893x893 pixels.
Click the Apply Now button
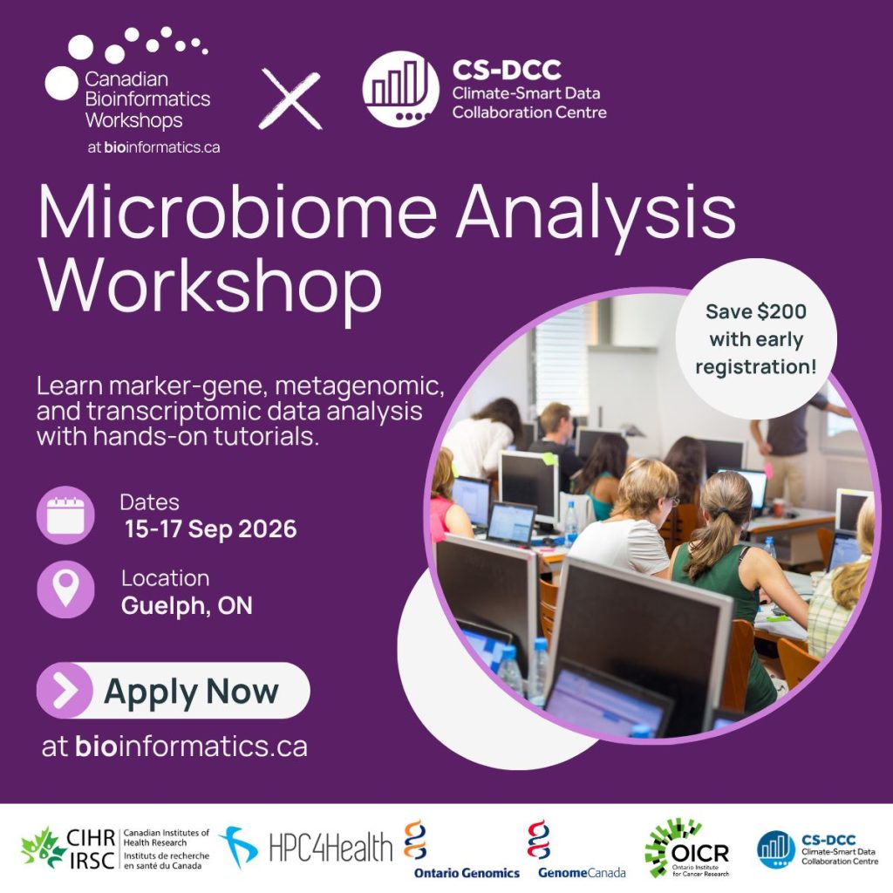(174, 691)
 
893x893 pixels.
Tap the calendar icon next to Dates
(65, 515)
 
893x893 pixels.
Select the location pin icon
(65, 590)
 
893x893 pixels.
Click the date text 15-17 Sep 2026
(211, 529)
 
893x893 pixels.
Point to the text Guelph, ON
(187, 605)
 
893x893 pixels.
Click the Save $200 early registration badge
(756, 339)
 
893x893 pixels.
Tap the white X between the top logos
(290, 99)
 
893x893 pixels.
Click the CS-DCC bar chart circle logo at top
(401, 89)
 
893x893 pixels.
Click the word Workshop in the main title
(209, 284)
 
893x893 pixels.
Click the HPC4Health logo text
(331, 848)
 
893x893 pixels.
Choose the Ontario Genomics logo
(467, 849)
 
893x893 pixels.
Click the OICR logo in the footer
(687, 849)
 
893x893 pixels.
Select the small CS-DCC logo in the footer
(818, 849)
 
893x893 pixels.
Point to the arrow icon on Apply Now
(65, 691)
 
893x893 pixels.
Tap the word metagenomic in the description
(359, 386)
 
